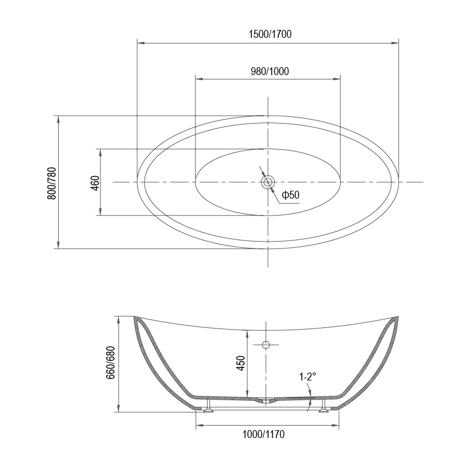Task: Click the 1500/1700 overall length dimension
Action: tap(270, 34)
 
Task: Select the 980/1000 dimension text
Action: tap(270, 71)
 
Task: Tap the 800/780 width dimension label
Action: tap(51, 183)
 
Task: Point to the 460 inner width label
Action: tap(95, 183)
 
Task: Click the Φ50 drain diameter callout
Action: tap(291, 195)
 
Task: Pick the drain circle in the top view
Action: tap(268, 182)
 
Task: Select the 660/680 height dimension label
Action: tap(111, 362)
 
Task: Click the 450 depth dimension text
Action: tap(240, 363)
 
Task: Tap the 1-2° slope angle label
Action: tap(308, 376)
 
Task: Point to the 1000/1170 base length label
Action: tap(264, 435)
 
